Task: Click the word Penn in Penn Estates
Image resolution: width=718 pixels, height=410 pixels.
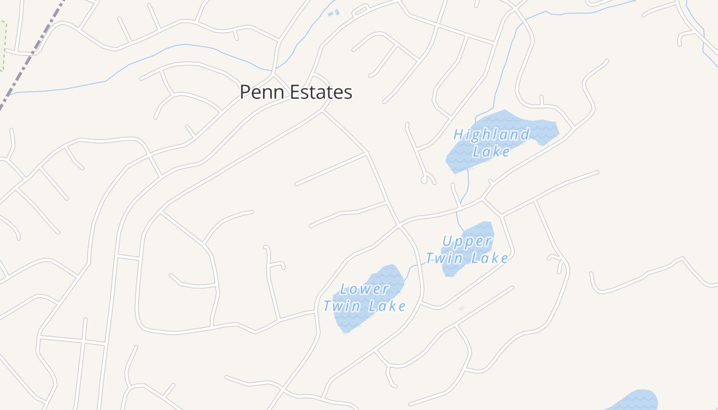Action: [x=262, y=92]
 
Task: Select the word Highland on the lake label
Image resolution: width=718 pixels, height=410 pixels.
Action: [x=491, y=135]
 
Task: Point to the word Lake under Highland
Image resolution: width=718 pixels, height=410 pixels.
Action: [x=491, y=152]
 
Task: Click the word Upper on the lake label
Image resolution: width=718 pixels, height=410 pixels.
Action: [x=467, y=241]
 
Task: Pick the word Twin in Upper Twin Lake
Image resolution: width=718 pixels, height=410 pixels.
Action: [x=445, y=258]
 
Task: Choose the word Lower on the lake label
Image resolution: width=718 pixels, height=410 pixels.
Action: [x=365, y=289]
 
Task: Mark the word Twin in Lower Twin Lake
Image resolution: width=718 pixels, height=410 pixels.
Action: [x=341, y=306]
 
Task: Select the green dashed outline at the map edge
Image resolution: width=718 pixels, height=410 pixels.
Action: [x=4, y=46]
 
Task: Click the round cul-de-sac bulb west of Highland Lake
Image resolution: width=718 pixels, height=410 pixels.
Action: [x=424, y=180]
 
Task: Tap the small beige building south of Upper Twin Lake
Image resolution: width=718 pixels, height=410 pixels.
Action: [x=461, y=308]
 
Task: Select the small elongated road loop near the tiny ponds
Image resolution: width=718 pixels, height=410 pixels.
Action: [x=361, y=10]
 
